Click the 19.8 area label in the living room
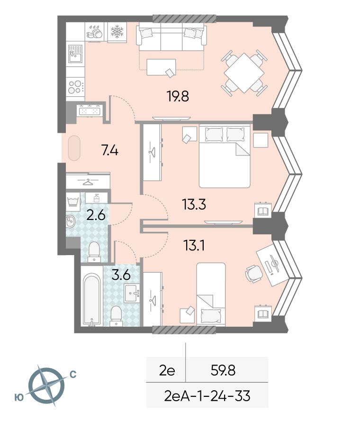pos(178,96)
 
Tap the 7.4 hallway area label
pos(110,150)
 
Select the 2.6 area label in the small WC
pos(96,215)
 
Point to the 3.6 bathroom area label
pos(121,275)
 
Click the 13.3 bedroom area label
pos(194,204)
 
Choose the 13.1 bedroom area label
pos(194,246)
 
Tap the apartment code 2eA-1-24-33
pos(207,396)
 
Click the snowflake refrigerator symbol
pos(117,32)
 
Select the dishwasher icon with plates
pos(95,32)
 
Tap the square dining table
pos(244,73)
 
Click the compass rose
pos(47,385)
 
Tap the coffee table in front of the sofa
pos(161,67)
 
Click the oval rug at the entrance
pos(74,148)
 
